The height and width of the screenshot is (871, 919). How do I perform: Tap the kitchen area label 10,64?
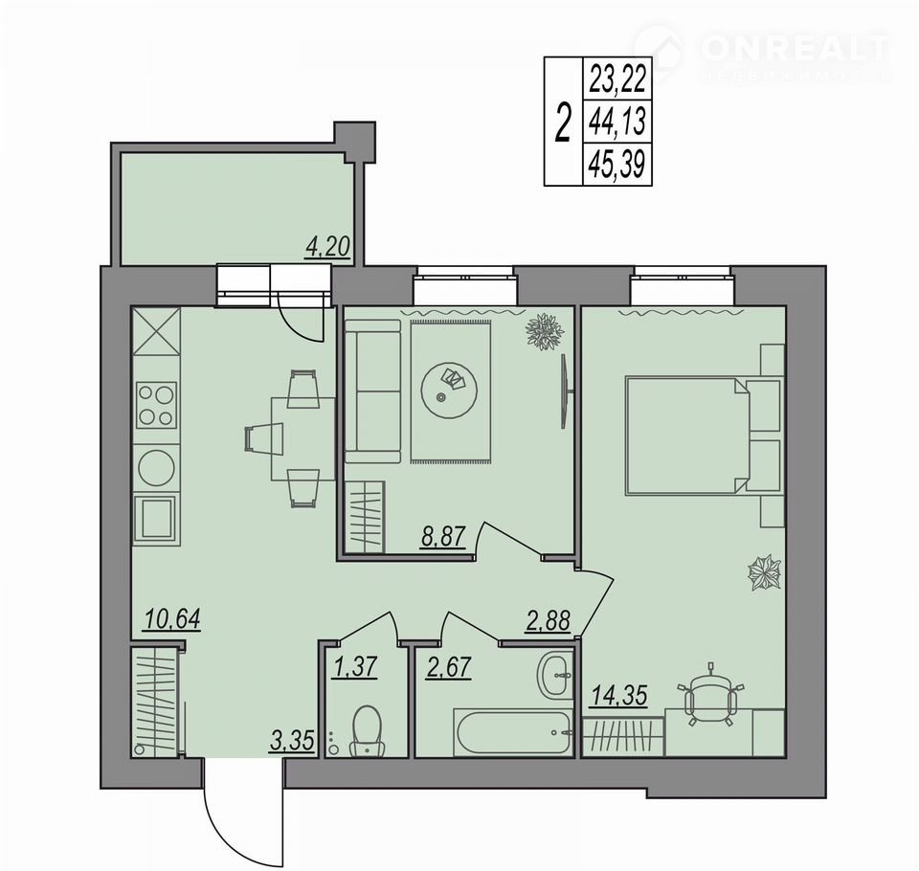(x=172, y=618)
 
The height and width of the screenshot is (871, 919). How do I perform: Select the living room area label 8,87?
(x=442, y=536)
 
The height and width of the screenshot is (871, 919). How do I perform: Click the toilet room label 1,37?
(x=354, y=667)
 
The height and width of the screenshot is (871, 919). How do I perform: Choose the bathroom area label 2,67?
(x=449, y=667)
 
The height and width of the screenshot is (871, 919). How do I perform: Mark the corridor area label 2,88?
(x=548, y=620)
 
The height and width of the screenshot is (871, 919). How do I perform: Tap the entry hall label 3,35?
(x=293, y=740)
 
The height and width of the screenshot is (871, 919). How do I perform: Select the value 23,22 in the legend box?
(x=617, y=79)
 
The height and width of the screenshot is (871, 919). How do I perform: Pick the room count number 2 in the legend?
(x=563, y=122)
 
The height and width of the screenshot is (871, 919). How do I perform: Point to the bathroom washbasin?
(x=554, y=676)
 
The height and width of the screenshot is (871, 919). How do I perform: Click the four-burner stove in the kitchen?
(x=156, y=405)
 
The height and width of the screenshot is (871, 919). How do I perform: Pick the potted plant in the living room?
(x=545, y=332)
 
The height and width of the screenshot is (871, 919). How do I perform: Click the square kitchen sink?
(x=155, y=518)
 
